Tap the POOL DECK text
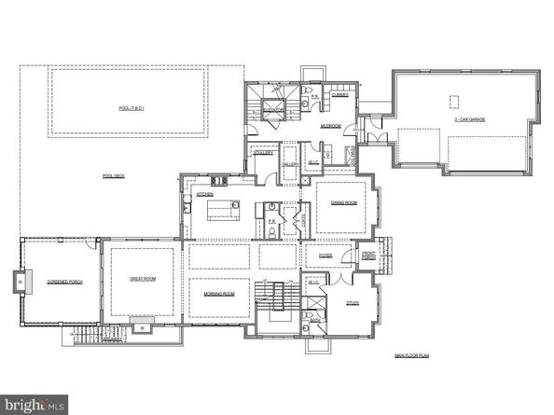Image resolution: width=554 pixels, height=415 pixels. click(114, 175)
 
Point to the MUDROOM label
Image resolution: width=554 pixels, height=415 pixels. click(330, 125)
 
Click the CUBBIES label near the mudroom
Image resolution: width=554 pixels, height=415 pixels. click(340, 94)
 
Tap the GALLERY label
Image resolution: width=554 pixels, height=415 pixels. click(290, 164)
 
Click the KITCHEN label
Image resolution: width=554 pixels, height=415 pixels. click(205, 193)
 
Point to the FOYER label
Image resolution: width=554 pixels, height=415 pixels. click(325, 256)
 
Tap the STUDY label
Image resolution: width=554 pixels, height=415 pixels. click(353, 302)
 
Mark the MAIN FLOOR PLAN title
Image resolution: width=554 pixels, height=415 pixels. click(410, 355)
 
